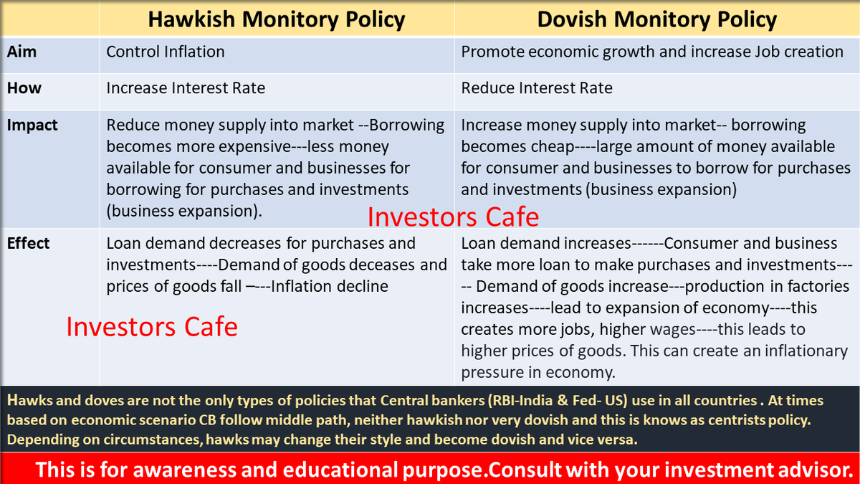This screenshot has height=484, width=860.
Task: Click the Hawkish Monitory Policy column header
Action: click(x=277, y=19)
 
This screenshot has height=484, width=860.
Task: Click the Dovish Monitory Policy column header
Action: click(x=657, y=19)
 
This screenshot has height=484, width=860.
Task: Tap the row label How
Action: click(x=24, y=88)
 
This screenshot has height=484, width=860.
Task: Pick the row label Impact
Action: click(x=32, y=125)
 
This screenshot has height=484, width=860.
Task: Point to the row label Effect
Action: click(x=28, y=243)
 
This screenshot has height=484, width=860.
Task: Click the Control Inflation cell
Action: click(x=166, y=52)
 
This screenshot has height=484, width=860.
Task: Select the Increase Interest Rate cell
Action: click(x=186, y=88)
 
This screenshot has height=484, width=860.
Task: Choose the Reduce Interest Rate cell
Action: click(x=537, y=88)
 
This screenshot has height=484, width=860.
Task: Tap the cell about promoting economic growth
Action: click(x=652, y=52)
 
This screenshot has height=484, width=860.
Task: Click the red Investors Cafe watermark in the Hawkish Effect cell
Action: click(x=152, y=327)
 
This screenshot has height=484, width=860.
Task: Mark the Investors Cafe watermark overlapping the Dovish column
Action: click(x=453, y=217)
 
